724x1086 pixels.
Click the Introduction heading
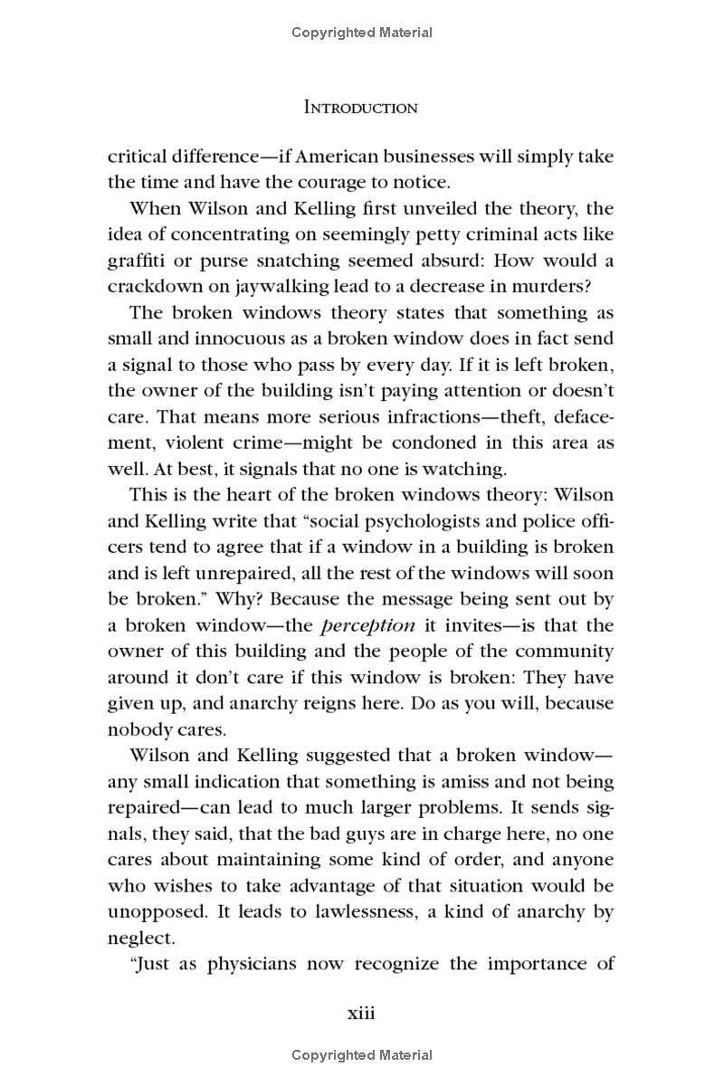tap(361, 108)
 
